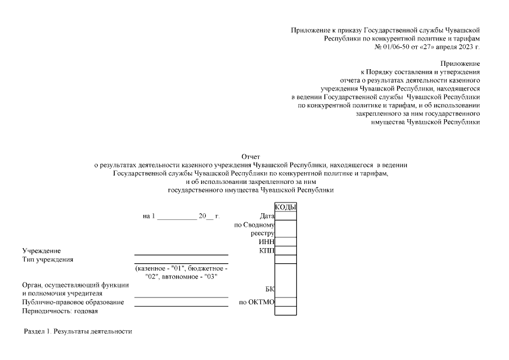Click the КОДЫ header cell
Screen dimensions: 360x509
[285, 206]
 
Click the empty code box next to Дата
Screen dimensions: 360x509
[285, 215]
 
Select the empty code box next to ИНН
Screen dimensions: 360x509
[285, 242]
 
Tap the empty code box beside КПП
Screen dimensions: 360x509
[285, 250]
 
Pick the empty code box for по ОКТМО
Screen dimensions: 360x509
[285, 302]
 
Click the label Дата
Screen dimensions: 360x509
[267, 216]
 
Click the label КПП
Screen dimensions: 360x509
[267, 250]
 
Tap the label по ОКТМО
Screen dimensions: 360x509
[256, 303]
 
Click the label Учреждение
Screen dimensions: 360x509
[42, 250]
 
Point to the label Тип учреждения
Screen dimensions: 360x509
[48, 259]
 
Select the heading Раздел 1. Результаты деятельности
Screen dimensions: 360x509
[78, 331]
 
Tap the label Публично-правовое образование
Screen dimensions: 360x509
[73, 303]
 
